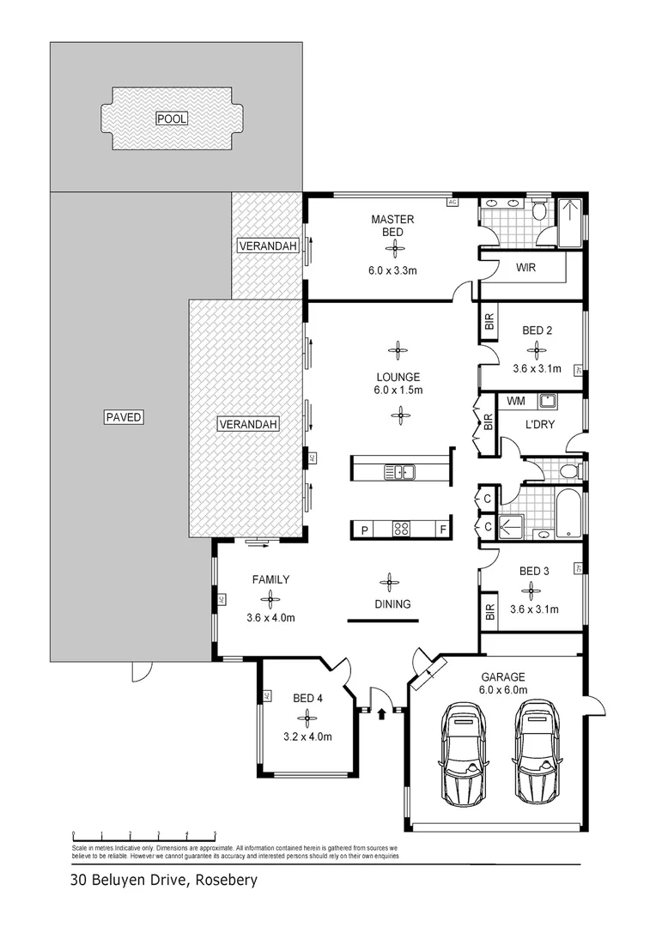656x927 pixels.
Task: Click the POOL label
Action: [x=172, y=118]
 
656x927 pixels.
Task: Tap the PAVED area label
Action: [x=123, y=418]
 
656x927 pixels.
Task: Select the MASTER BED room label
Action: [x=392, y=226]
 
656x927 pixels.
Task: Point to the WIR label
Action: [x=525, y=268]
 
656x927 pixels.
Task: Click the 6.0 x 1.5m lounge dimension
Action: [x=397, y=390]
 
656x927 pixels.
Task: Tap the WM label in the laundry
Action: [x=515, y=401]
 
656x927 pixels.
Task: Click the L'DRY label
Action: [x=538, y=424]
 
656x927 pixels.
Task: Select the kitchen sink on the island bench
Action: [x=401, y=470]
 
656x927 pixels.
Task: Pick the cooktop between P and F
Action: [x=400, y=530]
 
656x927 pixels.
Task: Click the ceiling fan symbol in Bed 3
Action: [x=532, y=590]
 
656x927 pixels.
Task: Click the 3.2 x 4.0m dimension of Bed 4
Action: [x=307, y=736]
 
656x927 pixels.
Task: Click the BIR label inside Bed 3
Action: [x=490, y=612]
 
